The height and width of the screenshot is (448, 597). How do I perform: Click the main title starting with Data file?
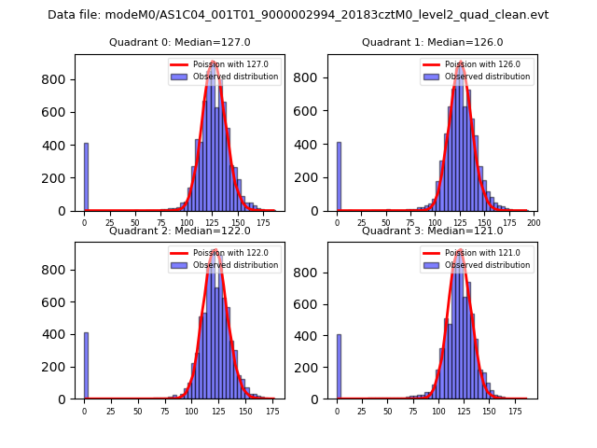(x=298, y=15)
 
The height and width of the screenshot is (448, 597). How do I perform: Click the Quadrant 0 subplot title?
(x=167, y=42)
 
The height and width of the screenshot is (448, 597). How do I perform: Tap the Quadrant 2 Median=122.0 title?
(x=167, y=231)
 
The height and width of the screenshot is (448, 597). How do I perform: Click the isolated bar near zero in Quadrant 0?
(x=86, y=177)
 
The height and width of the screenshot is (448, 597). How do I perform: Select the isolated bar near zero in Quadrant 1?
(x=339, y=177)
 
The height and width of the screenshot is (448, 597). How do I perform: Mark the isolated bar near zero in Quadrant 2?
(x=86, y=366)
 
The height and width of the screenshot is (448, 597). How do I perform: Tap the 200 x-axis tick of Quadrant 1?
(x=535, y=223)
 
